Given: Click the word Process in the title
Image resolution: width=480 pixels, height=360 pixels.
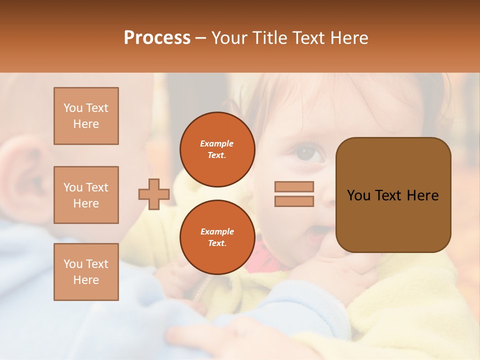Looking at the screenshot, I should [157, 38].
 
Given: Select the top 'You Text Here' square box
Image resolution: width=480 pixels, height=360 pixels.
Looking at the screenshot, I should [86, 116].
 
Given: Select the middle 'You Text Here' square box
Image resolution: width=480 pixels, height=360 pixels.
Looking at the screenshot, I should [86, 195].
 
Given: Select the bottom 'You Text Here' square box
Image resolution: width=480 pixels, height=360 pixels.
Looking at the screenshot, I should [86, 272].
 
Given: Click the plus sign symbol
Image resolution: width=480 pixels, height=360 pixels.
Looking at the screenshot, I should [154, 194].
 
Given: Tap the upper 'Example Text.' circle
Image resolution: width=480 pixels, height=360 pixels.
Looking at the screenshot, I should [217, 149].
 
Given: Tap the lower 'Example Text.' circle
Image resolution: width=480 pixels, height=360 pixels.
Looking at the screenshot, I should [217, 237].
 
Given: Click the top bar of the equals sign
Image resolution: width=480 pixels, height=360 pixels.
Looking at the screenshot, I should [294, 187].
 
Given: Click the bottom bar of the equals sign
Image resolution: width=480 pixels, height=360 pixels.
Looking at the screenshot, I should [294, 201].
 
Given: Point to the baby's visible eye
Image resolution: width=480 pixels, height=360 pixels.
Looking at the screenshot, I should [306, 152].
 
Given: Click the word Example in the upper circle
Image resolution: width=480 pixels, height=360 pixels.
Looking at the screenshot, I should [217, 144].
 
